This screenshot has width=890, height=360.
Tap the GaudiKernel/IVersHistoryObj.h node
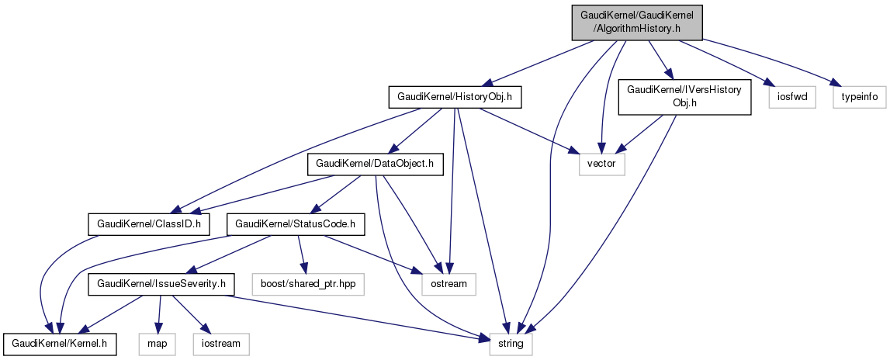click(684, 97)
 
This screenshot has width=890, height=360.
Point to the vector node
click(601, 164)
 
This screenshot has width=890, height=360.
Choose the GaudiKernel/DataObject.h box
click(376, 164)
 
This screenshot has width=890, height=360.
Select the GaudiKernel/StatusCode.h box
click(295, 225)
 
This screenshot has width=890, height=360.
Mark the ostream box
click(449, 285)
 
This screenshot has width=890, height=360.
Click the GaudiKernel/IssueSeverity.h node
click(161, 285)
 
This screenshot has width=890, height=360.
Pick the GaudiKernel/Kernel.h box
click(60, 344)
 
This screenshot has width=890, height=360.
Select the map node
click(155, 344)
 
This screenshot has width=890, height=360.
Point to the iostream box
click(220, 344)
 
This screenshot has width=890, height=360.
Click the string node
click(511, 344)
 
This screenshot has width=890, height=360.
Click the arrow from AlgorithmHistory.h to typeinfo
click(768, 60)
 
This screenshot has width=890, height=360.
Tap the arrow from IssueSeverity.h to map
click(158, 314)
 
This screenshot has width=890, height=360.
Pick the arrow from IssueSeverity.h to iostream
click(190, 314)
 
